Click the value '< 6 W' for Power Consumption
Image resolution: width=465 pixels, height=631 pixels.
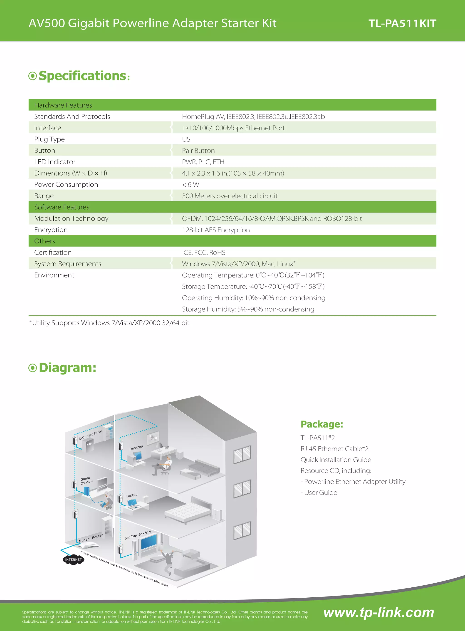(x=190, y=185)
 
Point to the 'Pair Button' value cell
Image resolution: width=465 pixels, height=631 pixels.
(x=198, y=151)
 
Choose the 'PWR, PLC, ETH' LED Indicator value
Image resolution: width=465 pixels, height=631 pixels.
(x=203, y=162)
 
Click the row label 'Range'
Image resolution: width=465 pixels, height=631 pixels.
(x=44, y=196)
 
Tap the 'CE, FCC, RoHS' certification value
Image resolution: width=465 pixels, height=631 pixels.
(x=204, y=252)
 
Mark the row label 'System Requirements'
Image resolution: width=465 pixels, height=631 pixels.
(x=68, y=264)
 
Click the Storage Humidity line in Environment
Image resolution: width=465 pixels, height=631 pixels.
(x=248, y=309)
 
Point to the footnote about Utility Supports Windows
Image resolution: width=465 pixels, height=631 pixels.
(x=109, y=323)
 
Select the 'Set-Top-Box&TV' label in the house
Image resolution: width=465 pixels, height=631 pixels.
(x=138, y=535)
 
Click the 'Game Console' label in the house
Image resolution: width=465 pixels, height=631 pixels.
(x=87, y=480)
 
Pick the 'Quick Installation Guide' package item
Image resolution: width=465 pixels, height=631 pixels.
(x=336, y=460)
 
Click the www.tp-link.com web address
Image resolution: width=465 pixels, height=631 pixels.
(x=378, y=613)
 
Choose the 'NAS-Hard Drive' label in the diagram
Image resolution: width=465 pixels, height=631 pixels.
(x=90, y=435)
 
